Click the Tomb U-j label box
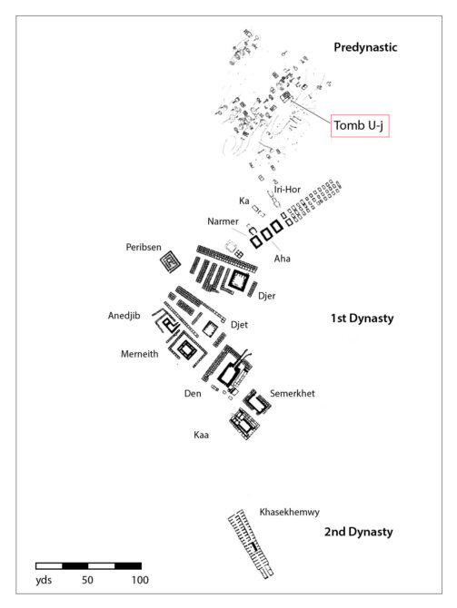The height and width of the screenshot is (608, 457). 360,125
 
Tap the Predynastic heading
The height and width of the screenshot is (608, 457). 365,47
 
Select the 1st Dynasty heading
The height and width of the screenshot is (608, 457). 362,319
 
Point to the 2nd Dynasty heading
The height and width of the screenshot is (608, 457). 358,532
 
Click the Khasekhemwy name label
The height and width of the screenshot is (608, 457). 289,512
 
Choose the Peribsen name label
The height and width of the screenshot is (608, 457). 144,248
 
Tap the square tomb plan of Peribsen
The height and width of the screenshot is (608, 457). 171,261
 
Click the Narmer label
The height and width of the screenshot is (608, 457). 223,221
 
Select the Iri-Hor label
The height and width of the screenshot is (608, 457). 287,190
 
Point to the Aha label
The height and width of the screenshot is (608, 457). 283,259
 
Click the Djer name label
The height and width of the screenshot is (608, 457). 267,296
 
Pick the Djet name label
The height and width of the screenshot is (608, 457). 239,325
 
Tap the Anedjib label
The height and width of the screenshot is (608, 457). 124,316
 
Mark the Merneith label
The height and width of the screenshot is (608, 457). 139,354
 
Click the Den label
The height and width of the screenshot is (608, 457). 193,394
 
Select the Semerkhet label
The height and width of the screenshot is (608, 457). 293,393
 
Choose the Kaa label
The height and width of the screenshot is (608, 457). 201,435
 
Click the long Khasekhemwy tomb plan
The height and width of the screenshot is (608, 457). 251,544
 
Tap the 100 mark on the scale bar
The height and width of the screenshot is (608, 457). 140,580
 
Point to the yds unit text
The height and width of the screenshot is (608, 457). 44,581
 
